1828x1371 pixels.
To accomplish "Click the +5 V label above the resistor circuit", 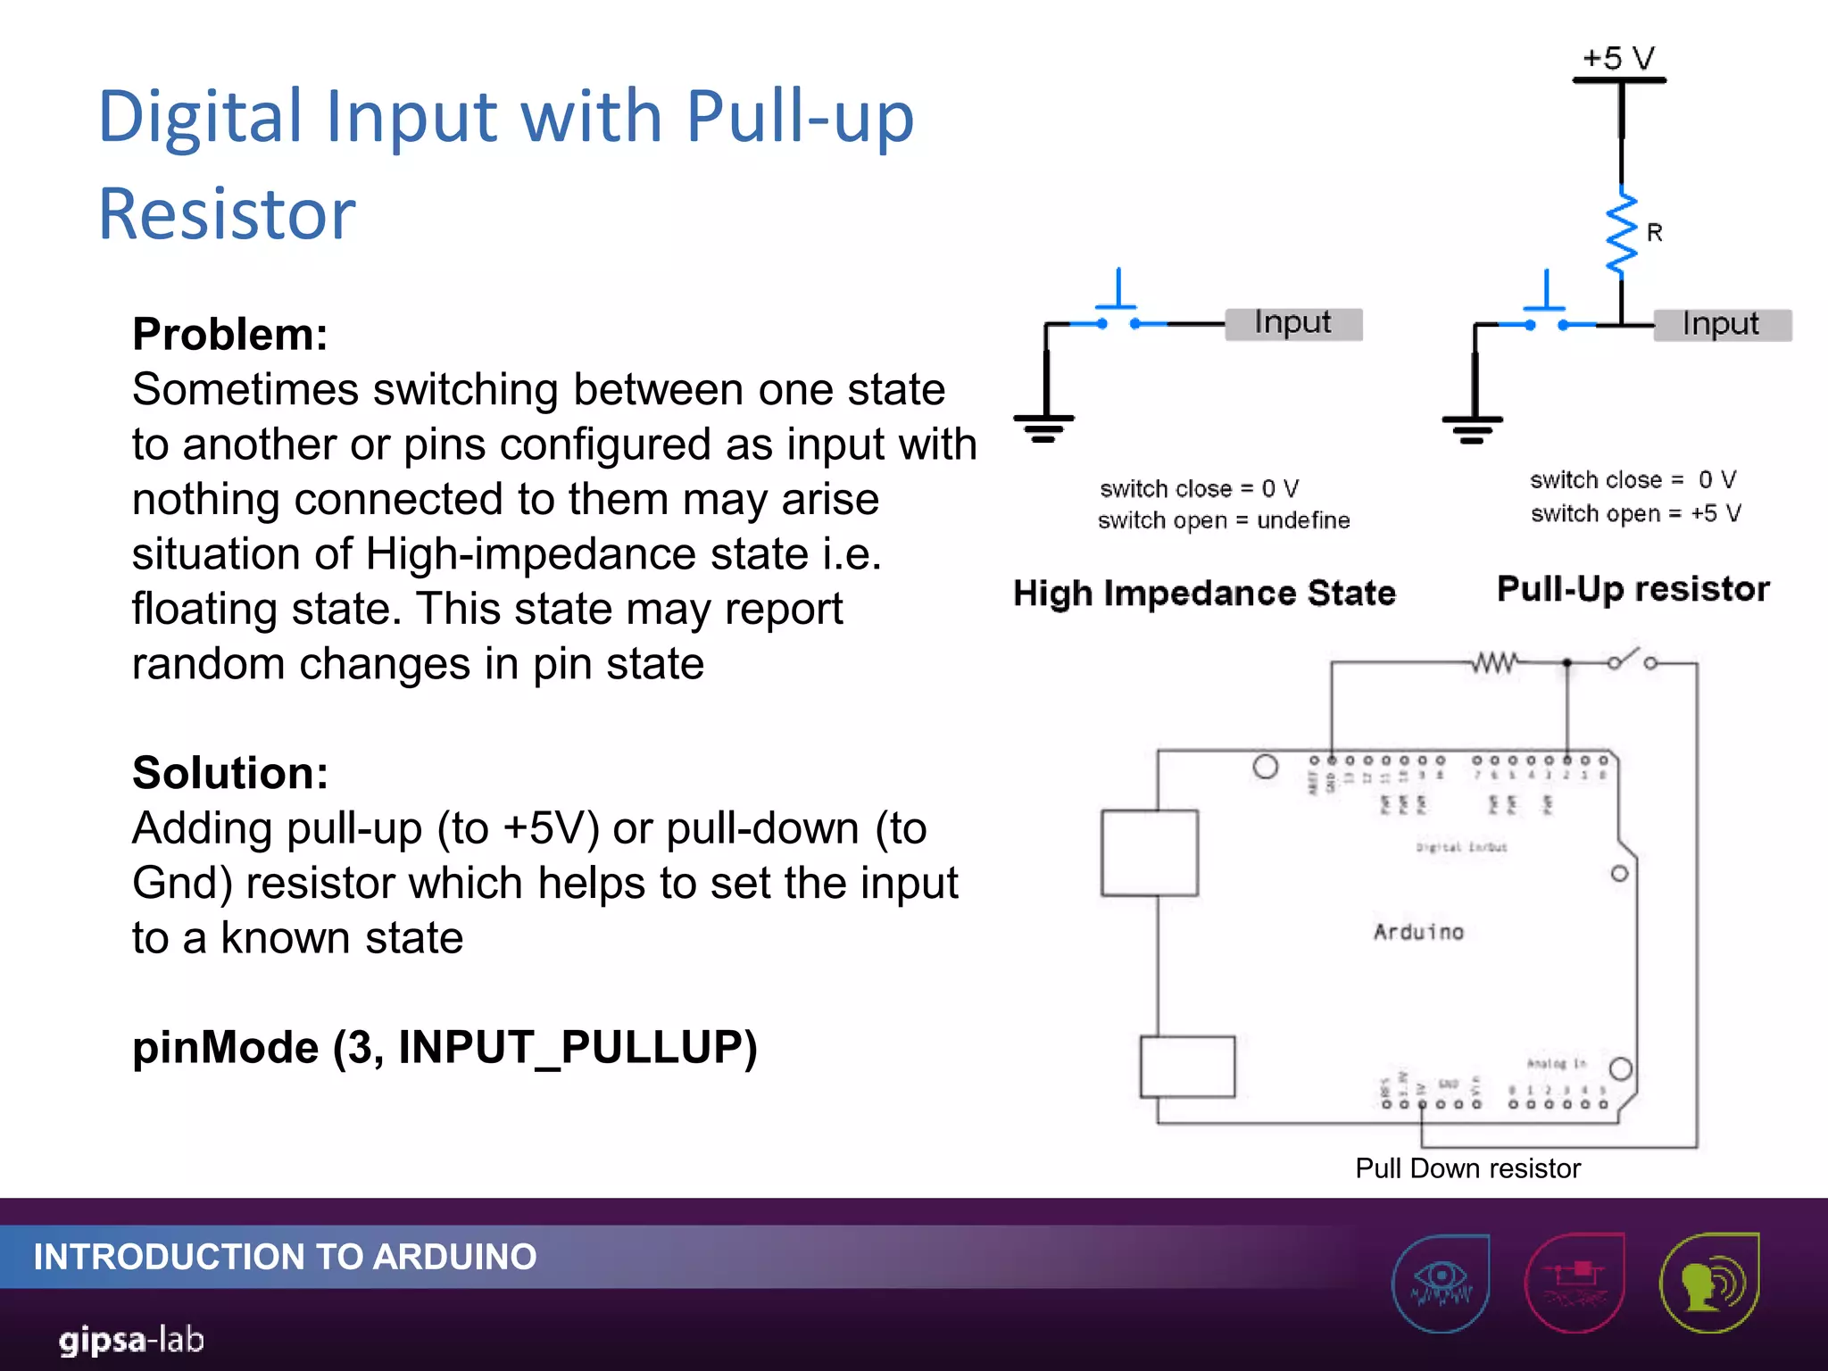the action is click(x=1618, y=58).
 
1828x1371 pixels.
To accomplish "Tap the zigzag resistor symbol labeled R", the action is click(x=1621, y=234).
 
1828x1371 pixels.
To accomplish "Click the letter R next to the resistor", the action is click(x=1654, y=233).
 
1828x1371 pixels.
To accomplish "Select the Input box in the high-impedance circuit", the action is click(x=1292, y=323).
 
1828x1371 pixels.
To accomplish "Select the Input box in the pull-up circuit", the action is click(x=1721, y=325).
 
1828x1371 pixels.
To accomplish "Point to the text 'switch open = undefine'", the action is click(x=1223, y=520).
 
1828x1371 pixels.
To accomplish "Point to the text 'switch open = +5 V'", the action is click(x=1635, y=514).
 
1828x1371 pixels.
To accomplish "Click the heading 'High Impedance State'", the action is click(x=1204, y=594).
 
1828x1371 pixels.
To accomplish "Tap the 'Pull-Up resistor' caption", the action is click(x=1633, y=589).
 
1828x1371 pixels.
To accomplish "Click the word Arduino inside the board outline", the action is click(x=1418, y=932).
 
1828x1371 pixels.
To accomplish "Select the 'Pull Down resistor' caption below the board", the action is click(x=1467, y=1168).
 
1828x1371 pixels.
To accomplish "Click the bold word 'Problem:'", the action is click(x=230, y=335).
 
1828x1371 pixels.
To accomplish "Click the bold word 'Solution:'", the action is click(x=230, y=773).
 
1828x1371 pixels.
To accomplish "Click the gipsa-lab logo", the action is click(x=132, y=1340).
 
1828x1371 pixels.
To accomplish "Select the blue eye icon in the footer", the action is click(x=1440, y=1283).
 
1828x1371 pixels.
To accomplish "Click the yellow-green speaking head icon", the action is click(x=1708, y=1283).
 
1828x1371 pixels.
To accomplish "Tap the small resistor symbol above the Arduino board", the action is click(x=1494, y=662).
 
